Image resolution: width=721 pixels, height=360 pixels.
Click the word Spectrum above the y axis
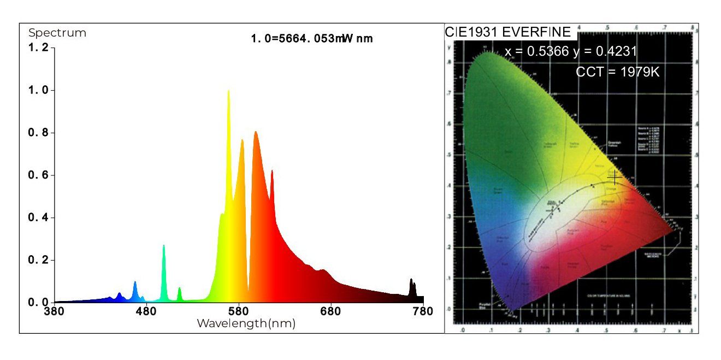click(x=57, y=33)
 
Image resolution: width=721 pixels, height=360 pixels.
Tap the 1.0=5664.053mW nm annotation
click(x=312, y=39)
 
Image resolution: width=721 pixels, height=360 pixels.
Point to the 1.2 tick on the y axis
click(x=38, y=48)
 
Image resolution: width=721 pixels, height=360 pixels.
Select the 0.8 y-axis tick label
click(x=38, y=133)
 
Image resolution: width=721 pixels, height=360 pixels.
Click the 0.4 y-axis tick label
click(x=38, y=217)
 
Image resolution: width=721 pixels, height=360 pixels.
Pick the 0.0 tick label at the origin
click(x=38, y=302)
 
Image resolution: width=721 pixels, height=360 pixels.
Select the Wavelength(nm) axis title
click(x=246, y=323)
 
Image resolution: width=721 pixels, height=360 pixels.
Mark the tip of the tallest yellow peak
click(x=228, y=91)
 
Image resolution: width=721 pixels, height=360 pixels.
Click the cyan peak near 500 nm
click(x=164, y=246)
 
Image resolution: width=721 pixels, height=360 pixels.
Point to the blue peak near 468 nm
click(x=135, y=282)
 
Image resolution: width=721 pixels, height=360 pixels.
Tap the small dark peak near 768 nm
click(x=411, y=280)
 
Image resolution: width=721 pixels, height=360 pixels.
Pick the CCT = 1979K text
click(x=618, y=72)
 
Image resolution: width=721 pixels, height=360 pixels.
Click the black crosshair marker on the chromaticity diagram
click(x=615, y=177)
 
